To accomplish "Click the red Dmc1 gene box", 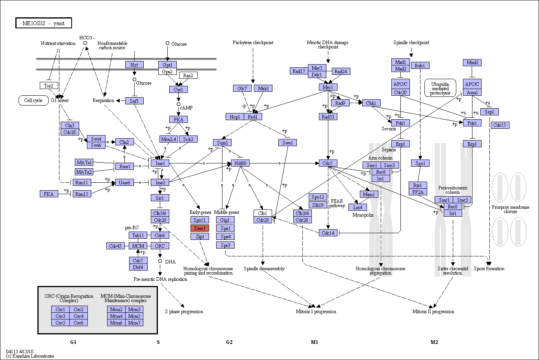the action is (x=200, y=228).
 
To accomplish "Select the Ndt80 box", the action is (x=240, y=163).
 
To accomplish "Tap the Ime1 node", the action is (x=160, y=163).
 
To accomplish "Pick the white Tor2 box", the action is (x=49, y=85).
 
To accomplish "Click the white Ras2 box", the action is (x=188, y=75).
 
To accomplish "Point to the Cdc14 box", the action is (x=328, y=233).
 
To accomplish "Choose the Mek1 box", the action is (x=263, y=88).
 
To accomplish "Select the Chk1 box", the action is (x=371, y=103).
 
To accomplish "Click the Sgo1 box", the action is (x=420, y=163).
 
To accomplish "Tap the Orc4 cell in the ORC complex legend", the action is (x=78, y=316).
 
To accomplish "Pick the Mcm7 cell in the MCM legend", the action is (x=134, y=323).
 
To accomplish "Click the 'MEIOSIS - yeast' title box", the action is (x=44, y=23).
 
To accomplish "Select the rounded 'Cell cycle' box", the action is (x=33, y=100).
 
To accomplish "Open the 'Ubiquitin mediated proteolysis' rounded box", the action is (x=440, y=88).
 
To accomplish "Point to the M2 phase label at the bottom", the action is (x=434, y=342).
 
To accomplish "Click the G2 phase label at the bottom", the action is (x=229, y=342).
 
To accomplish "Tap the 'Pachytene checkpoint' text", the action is (x=253, y=43).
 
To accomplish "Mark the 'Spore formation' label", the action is (x=489, y=269).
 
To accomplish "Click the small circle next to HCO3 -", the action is (x=85, y=43).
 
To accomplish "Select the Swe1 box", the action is (x=287, y=143).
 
